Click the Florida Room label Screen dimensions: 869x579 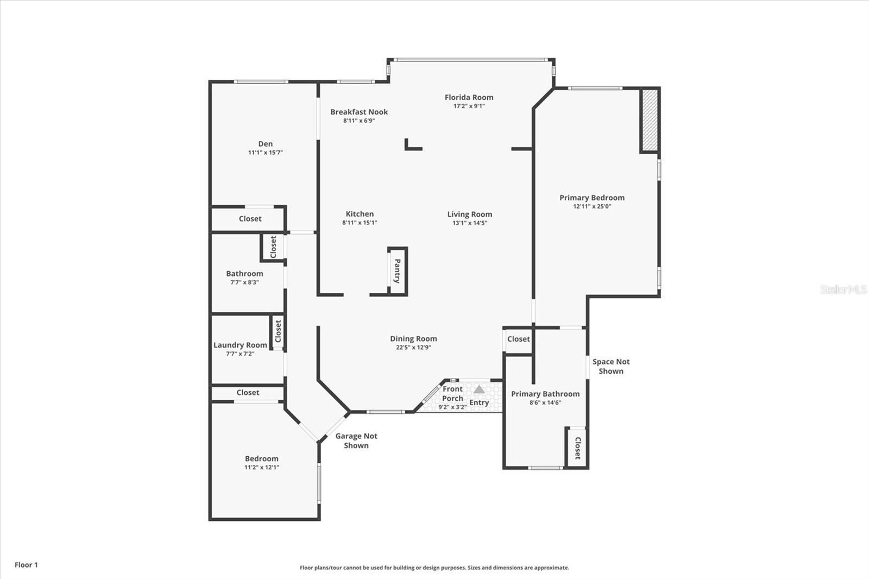click(x=469, y=97)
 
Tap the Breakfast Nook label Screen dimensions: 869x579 click(x=359, y=112)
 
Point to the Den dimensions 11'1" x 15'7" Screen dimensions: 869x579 click(x=266, y=153)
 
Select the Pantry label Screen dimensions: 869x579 click(x=397, y=271)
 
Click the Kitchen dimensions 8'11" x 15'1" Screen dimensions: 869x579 click(x=360, y=223)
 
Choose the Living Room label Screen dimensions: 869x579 click(x=469, y=214)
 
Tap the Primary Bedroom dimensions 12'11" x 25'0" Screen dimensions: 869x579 click(x=592, y=206)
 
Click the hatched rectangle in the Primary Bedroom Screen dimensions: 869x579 click(x=650, y=120)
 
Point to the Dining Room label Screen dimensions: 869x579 click(x=413, y=338)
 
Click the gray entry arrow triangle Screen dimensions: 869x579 click(x=479, y=389)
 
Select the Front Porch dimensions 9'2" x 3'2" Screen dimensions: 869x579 click(x=452, y=407)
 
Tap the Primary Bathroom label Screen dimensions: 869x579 click(x=545, y=394)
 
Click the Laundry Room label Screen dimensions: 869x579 click(x=240, y=345)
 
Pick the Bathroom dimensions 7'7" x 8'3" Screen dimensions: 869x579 click(x=244, y=282)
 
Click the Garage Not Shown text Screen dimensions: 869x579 click(x=356, y=440)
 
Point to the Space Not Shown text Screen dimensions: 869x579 click(x=611, y=366)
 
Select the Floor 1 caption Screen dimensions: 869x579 click(x=27, y=565)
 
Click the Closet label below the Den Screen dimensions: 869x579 click(x=250, y=219)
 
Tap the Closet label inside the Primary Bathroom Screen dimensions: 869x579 click(x=577, y=448)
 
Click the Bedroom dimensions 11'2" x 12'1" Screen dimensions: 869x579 click(x=261, y=467)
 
